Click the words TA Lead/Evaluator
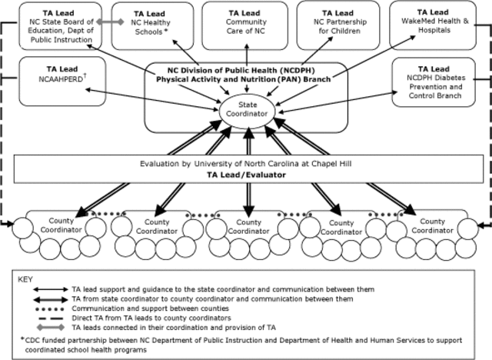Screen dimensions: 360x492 click(x=246, y=175)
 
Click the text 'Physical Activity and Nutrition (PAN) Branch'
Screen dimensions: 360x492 click(x=244, y=79)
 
